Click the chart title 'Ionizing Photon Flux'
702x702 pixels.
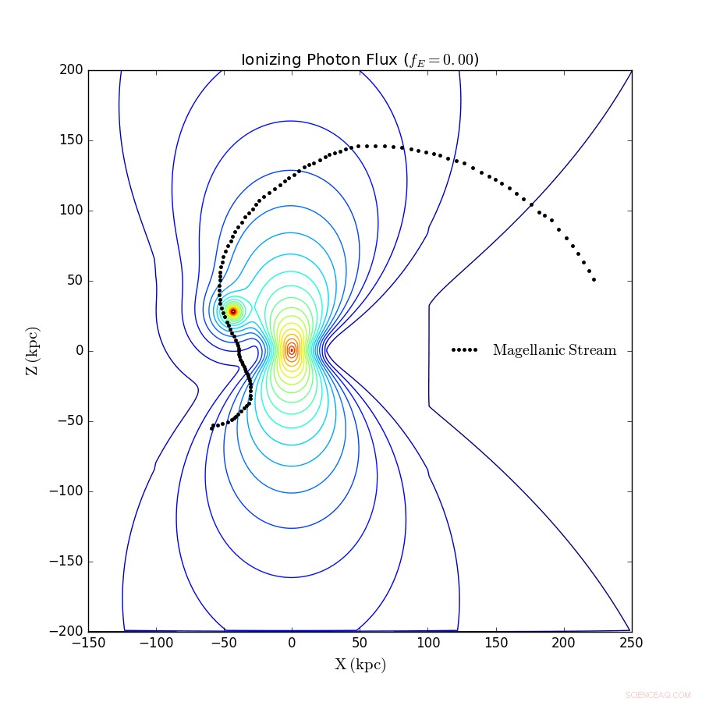point(320,61)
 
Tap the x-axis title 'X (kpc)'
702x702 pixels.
point(360,665)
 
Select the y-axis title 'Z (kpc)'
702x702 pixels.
point(32,351)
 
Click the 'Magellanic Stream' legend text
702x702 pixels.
point(554,351)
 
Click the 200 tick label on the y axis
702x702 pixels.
point(73,70)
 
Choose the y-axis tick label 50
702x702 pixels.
point(76,281)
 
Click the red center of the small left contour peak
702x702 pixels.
point(232,311)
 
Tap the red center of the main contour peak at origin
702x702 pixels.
point(292,350)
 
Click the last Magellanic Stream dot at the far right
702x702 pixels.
point(594,279)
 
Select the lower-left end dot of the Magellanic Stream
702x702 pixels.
point(211,428)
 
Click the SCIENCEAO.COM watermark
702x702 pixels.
point(658,695)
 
